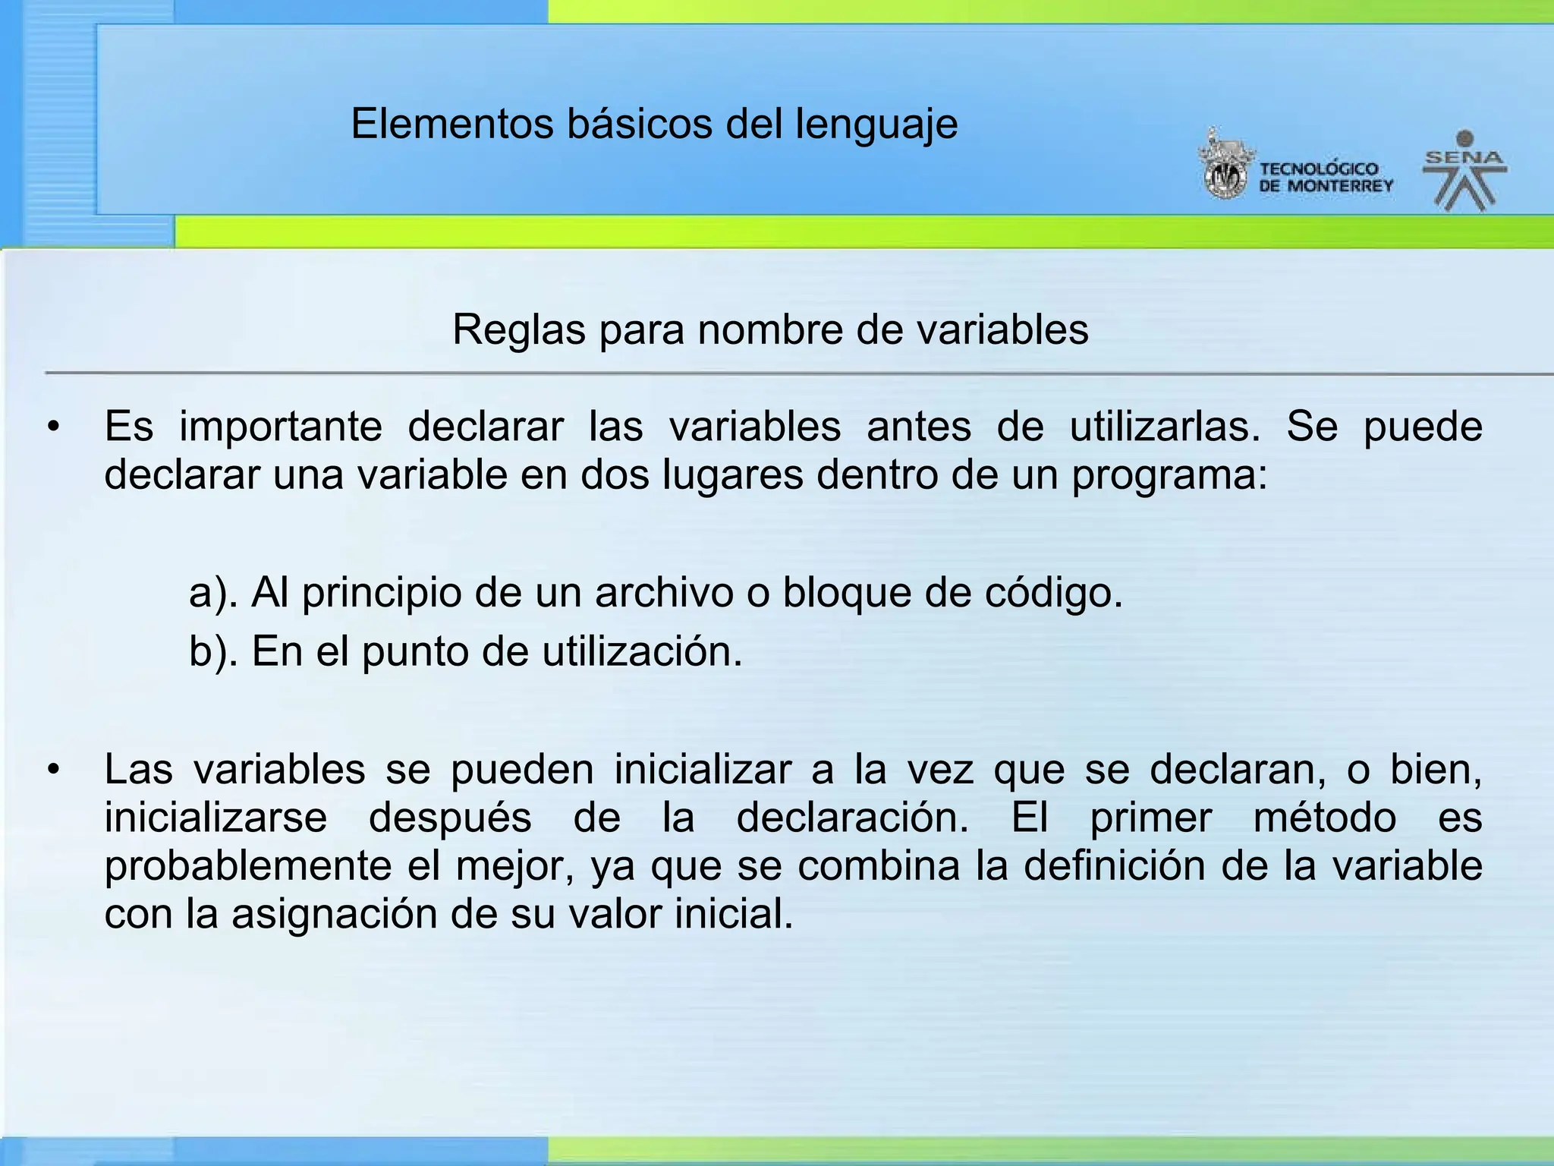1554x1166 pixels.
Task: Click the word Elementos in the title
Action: tap(452, 124)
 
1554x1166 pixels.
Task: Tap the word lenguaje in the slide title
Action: tap(876, 125)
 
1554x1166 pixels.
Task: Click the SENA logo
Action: tap(1464, 171)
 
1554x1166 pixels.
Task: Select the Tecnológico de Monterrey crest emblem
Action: tap(1225, 165)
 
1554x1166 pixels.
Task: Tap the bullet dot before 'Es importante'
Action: tap(52, 427)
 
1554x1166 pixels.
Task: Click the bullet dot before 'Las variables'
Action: tap(52, 770)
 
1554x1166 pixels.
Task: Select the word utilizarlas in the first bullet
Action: tap(1165, 427)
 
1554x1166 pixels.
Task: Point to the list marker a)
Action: tap(213, 593)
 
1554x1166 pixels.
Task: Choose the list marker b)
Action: tap(213, 651)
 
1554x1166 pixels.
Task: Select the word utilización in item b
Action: tap(642, 651)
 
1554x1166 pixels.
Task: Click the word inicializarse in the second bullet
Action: tap(215, 818)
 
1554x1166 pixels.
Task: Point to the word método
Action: tap(1324, 818)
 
